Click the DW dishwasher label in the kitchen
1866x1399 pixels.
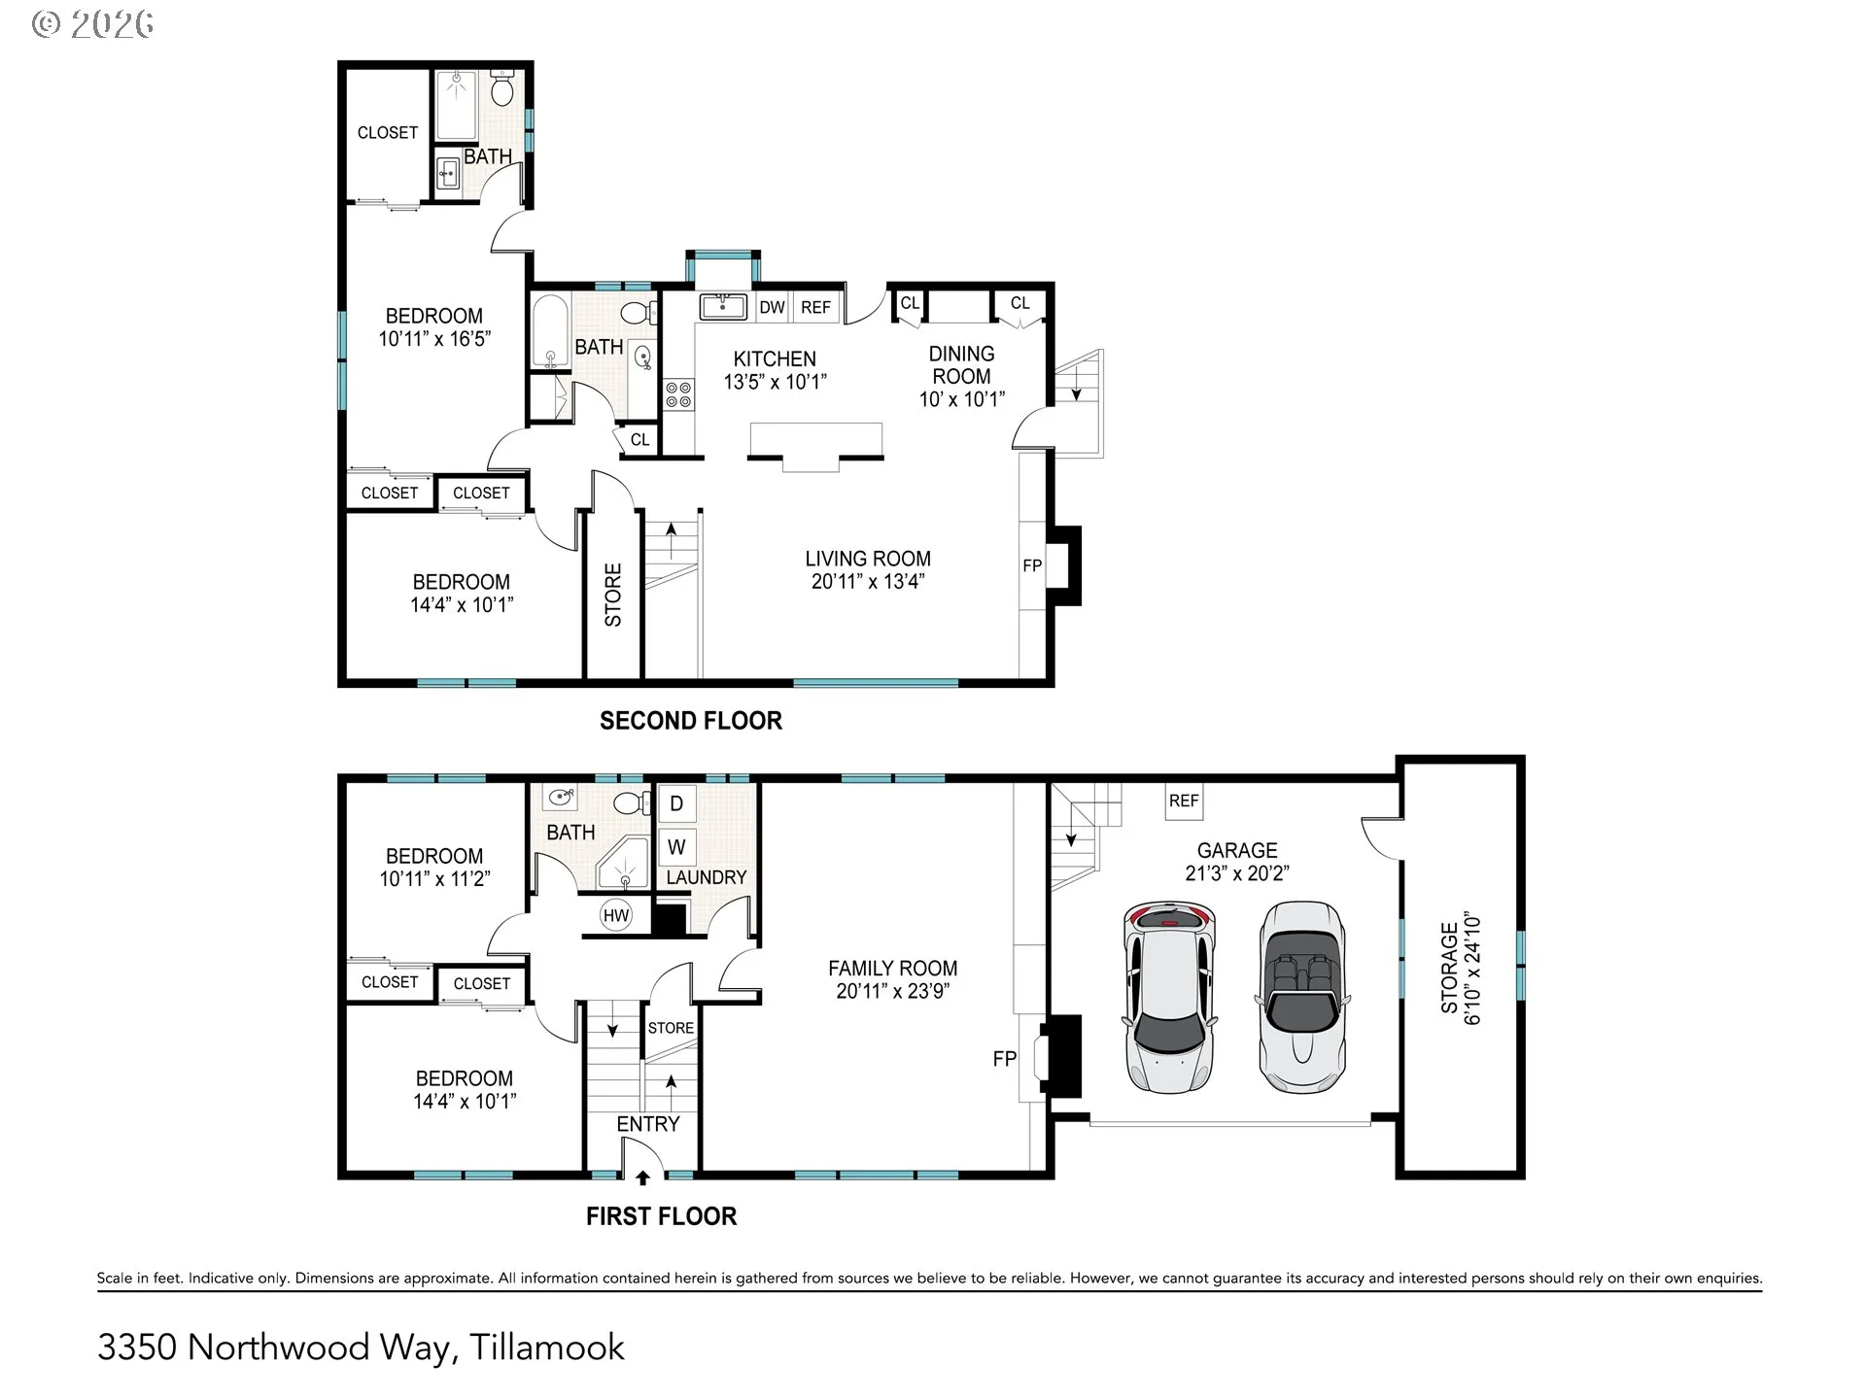point(772,308)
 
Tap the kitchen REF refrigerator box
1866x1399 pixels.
point(815,307)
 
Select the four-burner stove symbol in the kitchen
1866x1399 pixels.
point(678,394)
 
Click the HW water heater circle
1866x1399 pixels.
point(616,915)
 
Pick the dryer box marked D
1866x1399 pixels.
point(676,803)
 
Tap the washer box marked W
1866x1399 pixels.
point(676,846)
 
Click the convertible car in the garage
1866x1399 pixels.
point(1302,997)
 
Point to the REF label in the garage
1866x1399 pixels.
point(1184,801)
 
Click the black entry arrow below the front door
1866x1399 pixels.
point(642,1178)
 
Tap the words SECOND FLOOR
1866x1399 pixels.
point(691,721)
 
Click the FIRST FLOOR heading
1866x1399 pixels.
point(662,1216)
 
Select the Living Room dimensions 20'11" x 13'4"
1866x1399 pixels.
point(868,582)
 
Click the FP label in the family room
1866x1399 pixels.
point(1004,1059)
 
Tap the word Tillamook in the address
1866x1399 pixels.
point(547,1348)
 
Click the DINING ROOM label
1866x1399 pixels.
point(962,365)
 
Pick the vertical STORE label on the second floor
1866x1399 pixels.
point(613,595)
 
